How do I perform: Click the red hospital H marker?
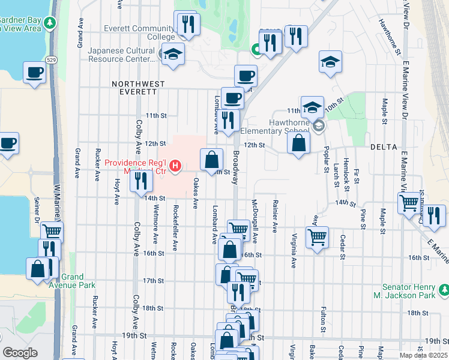click(175, 166)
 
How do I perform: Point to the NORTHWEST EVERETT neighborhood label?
click(135, 88)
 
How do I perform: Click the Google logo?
click(20, 353)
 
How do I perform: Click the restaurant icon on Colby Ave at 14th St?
click(141, 179)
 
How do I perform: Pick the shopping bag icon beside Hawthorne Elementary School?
click(298, 143)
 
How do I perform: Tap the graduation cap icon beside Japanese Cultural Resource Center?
click(173, 54)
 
